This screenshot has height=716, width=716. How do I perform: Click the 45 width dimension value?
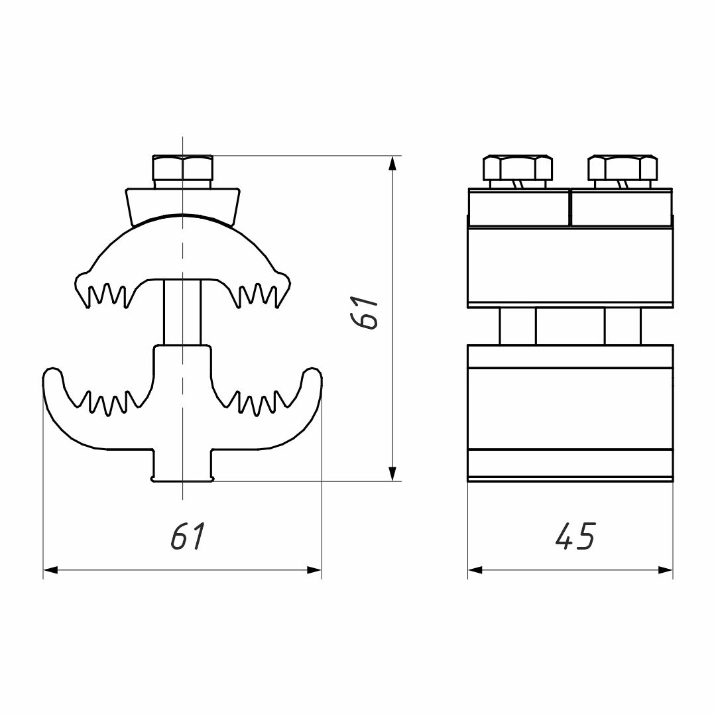pyautogui.click(x=576, y=535)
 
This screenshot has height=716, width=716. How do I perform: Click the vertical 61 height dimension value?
pyautogui.click(x=365, y=313)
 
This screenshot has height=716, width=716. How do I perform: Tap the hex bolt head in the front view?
pyautogui.click(x=182, y=168)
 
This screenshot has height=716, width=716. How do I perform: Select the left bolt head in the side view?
pyautogui.click(x=518, y=168)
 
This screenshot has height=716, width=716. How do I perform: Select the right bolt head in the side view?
pyautogui.click(x=623, y=168)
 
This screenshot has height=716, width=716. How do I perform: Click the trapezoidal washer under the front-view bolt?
pyautogui.click(x=182, y=205)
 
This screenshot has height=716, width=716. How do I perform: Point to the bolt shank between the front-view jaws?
pyautogui.click(x=182, y=312)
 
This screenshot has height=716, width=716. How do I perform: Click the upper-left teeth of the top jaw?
pyautogui.click(x=107, y=295)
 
